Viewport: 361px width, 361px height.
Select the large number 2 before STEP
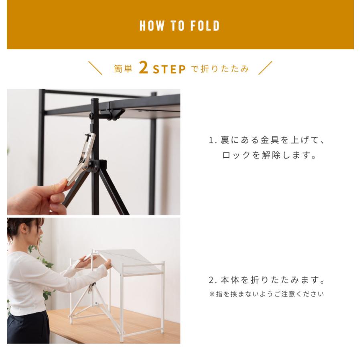(143, 68)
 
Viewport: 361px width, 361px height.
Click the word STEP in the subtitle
(169, 69)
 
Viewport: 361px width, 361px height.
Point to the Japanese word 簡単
(123, 69)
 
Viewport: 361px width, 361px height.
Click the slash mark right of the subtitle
(265, 68)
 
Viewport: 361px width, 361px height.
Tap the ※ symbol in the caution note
(211, 294)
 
